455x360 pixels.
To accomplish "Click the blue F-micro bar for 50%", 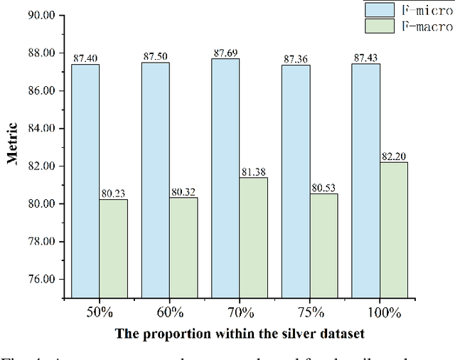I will tap(85, 181).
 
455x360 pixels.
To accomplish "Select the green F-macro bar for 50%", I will tap(113, 248).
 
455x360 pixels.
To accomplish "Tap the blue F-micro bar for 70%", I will tap(225, 178).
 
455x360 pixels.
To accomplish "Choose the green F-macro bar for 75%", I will tap(323, 245).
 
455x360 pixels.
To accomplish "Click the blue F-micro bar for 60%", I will tap(155, 180).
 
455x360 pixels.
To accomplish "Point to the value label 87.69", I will tap(225, 53).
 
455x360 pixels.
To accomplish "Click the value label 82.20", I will tap(394, 156).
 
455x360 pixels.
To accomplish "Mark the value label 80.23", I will tap(114, 193).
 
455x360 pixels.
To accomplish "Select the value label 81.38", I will tap(254, 171).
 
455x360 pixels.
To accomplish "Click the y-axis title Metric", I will tap(12, 143).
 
